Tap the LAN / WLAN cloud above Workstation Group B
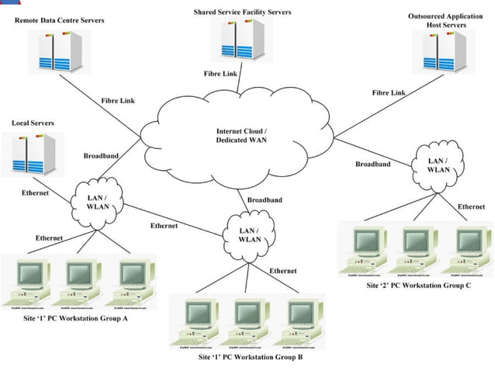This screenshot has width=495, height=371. click(x=249, y=234)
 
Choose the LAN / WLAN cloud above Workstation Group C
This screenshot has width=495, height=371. click(x=438, y=165)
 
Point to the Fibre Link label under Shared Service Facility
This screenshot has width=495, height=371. click(x=220, y=73)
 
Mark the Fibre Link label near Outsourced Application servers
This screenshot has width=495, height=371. click(x=389, y=92)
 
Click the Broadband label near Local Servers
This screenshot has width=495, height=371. click(x=101, y=156)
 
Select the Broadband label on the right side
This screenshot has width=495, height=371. click(x=372, y=164)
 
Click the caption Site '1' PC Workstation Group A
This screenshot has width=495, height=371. click(x=77, y=319)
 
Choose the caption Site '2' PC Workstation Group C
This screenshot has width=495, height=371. click(x=419, y=286)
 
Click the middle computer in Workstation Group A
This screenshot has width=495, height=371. click(x=78, y=280)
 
